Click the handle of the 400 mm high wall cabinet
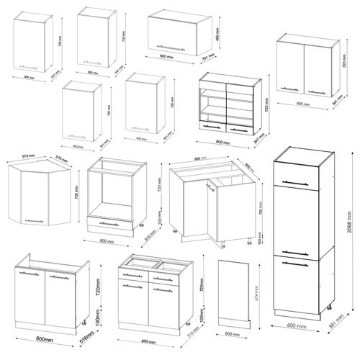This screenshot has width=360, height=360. [x=179, y=48]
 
